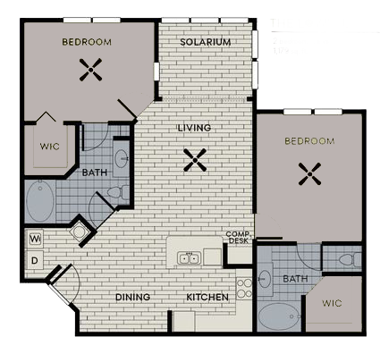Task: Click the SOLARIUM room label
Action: (206, 42)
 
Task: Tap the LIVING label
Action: (194, 128)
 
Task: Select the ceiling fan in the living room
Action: (194, 160)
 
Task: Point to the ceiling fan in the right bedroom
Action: (309, 173)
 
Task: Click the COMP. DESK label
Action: (237, 237)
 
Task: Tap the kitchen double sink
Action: (189, 258)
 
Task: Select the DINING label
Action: (132, 297)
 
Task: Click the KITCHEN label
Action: (207, 297)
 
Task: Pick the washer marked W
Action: (36, 240)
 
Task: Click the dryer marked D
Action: (36, 260)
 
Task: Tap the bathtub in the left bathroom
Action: (39, 203)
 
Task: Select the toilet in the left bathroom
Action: (114, 191)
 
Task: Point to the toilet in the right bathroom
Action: (345, 260)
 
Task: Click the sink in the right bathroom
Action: (266, 279)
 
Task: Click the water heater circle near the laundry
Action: (79, 232)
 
